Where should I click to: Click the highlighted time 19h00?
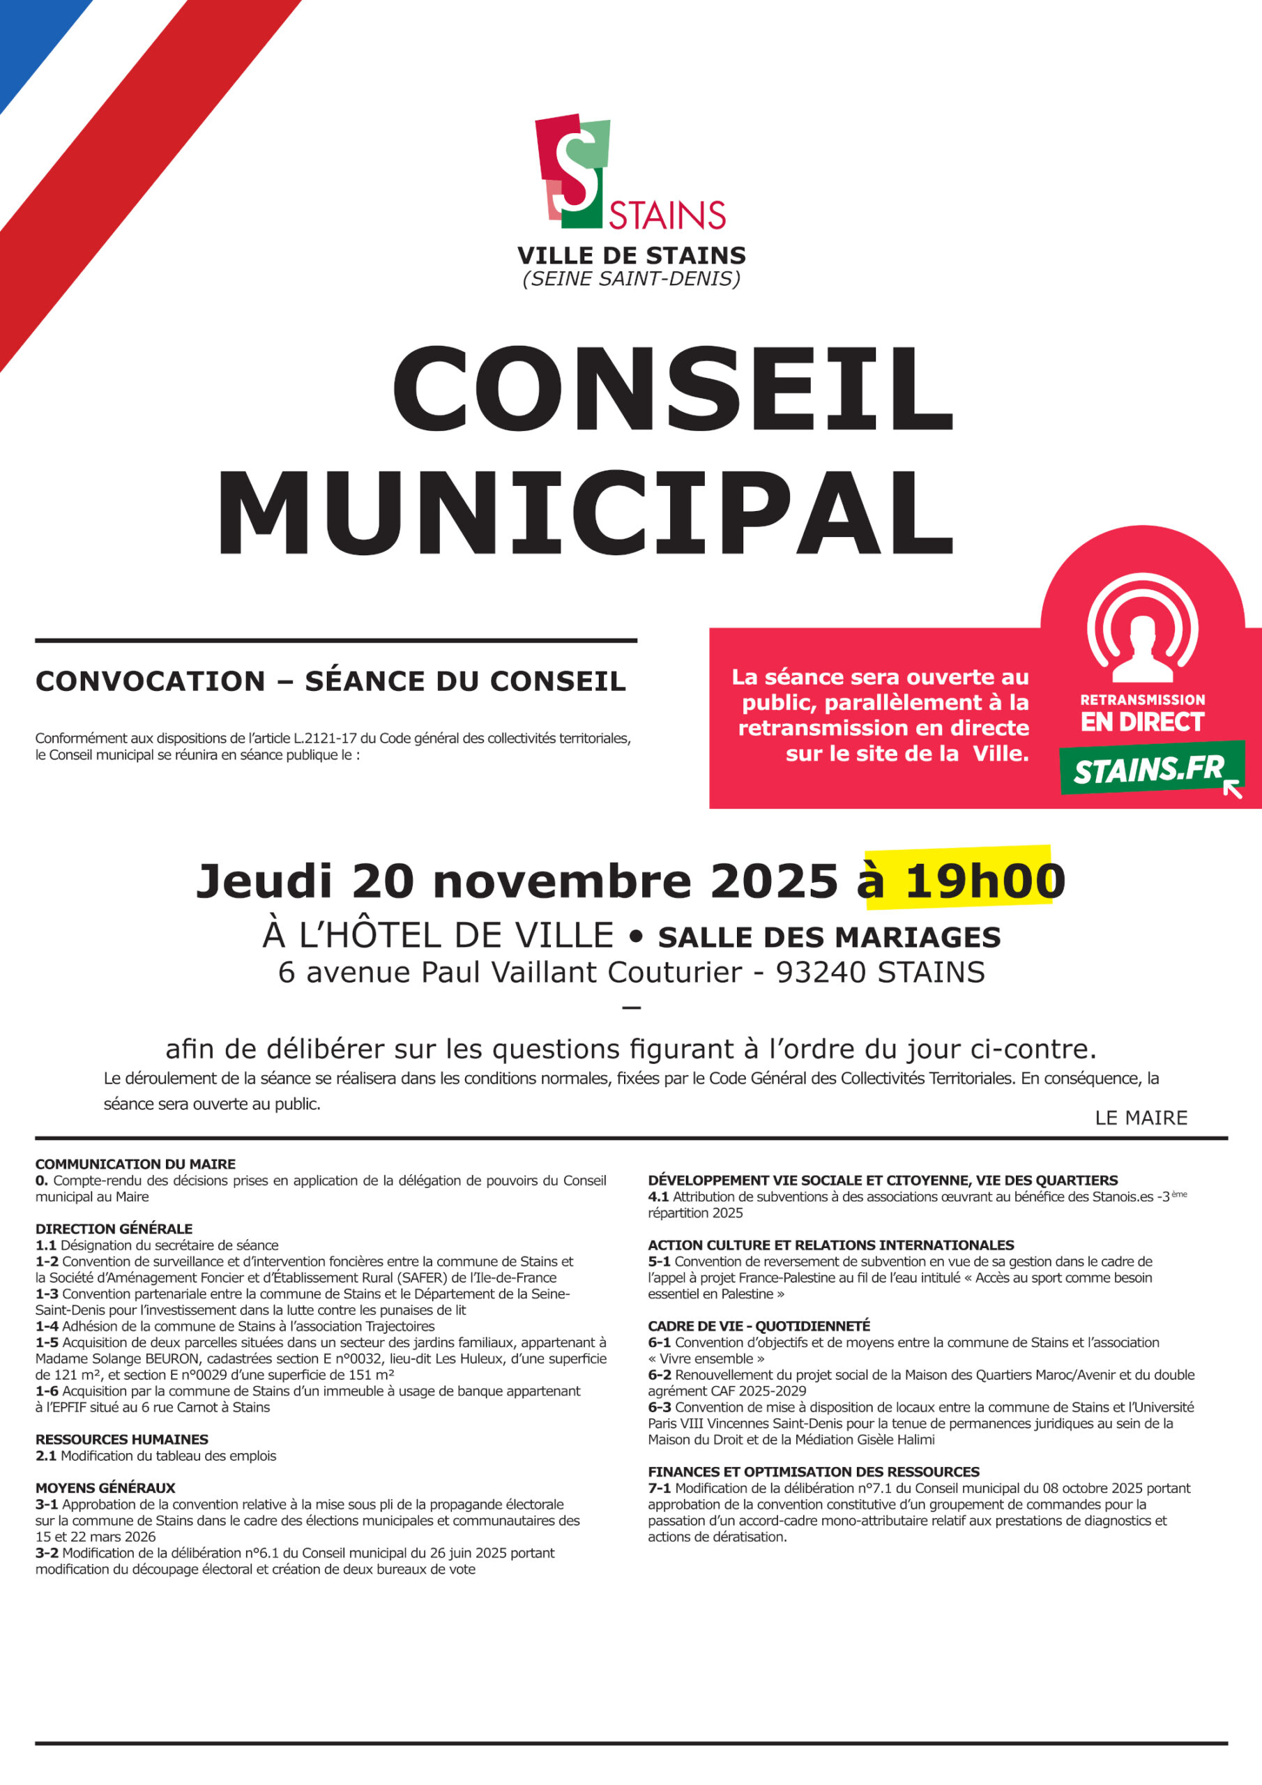(984, 881)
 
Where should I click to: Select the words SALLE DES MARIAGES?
(829, 938)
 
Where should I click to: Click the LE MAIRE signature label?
(1141, 1118)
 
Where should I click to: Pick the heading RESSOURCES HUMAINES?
(122, 1439)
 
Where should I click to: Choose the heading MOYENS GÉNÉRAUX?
(105, 1487)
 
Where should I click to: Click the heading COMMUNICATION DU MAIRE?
(135, 1164)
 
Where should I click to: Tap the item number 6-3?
(660, 1407)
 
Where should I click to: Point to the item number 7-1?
(660, 1488)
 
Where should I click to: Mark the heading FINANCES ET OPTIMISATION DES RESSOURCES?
(814, 1472)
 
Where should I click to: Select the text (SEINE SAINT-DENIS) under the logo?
(630, 278)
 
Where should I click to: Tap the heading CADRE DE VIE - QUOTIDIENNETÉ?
(759, 1326)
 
